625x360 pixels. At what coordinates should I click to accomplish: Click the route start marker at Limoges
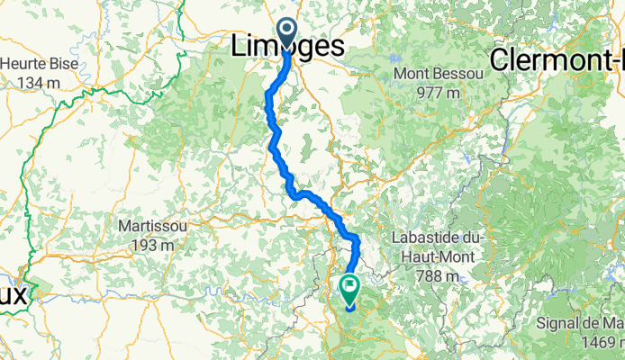pos(287,32)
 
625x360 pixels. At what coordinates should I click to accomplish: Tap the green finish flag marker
pos(349,289)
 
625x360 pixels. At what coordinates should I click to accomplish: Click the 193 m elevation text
pos(152,244)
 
